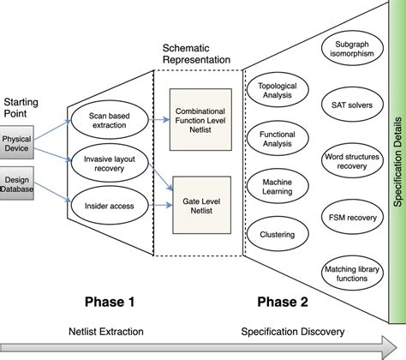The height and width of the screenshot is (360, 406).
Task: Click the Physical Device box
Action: [x=16, y=143]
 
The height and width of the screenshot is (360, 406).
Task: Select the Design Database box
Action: [x=16, y=184]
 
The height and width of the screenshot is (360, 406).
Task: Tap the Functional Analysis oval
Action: [x=276, y=140]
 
